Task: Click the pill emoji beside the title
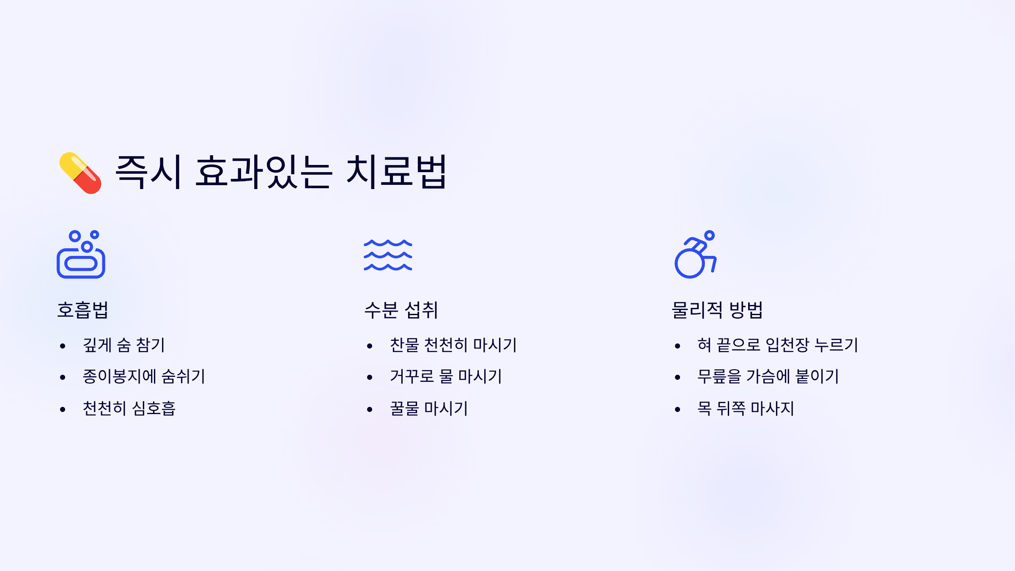[x=80, y=173]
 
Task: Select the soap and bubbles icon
[x=81, y=254]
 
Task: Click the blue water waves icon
[x=388, y=255]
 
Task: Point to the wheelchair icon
[x=695, y=254]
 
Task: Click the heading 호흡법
[x=83, y=310]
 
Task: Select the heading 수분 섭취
[x=401, y=310]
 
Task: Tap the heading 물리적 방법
[x=717, y=310]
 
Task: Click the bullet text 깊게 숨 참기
[x=124, y=345]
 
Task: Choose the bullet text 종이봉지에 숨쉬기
[x=144, y=376]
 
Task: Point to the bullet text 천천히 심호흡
[x=129, y=409]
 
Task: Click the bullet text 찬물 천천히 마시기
[x=453, y=345]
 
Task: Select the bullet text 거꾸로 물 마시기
[x=446, y=376]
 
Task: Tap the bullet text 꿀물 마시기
[x=429, y=409]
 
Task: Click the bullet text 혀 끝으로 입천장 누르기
[x=778, y=345]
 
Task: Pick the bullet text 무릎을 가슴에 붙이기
[x=768, y=376]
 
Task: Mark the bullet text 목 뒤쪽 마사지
[x=746, y=409]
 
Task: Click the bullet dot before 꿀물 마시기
[x=370, y=409]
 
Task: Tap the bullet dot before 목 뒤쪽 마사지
[x=678, y=409]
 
